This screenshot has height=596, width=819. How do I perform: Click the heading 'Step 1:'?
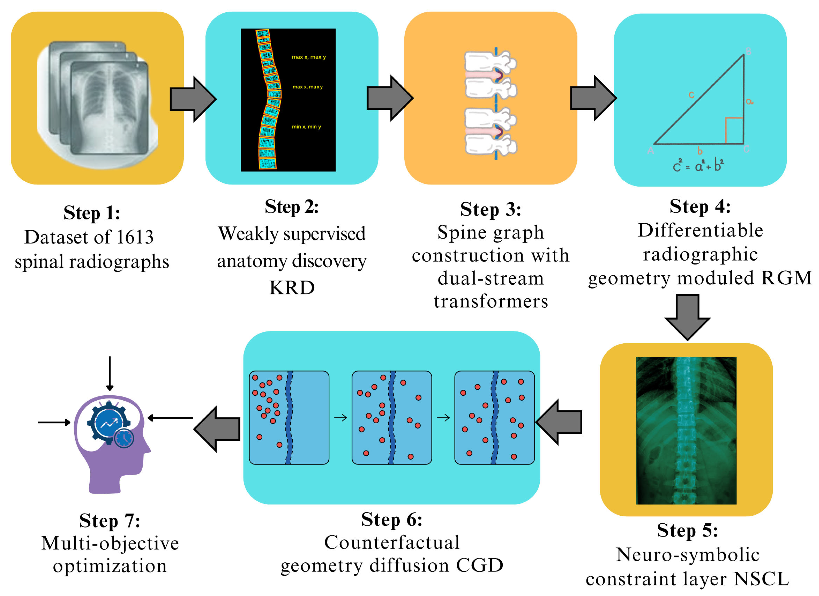(92, 213)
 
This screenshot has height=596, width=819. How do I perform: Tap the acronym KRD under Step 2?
(292, 288)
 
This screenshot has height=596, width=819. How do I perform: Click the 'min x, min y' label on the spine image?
(306, 127)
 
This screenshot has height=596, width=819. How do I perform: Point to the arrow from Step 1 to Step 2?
(193, 99)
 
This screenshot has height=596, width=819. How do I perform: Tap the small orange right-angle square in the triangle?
(734, 130)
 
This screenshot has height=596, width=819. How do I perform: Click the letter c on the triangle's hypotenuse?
(691, 95)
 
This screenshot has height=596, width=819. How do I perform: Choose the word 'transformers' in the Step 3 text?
(491, 301)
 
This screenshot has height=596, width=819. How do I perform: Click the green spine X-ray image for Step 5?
(686, 430)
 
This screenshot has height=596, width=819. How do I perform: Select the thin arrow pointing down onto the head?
(110, 373)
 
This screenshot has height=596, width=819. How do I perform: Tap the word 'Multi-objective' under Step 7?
(110, 543)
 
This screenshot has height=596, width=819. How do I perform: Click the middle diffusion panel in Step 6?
(391, 417)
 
